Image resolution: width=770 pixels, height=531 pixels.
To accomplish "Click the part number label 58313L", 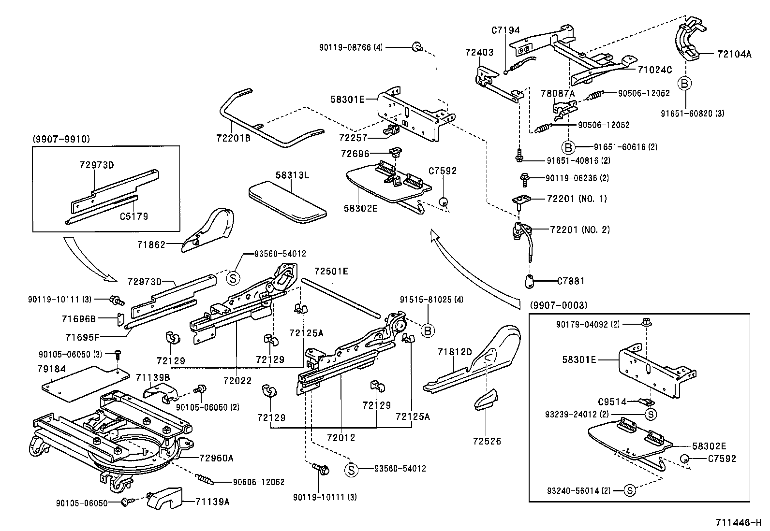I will pyautogui.click(x=293, y=175).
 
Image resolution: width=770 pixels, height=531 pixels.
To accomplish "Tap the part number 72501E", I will pyautogui.click(x=331, y=271).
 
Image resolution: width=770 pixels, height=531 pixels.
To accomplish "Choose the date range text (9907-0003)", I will pyautogui.click(x=558, y=305).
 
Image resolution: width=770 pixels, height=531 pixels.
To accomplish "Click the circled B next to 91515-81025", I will pyautogui.click(x=428, y=330).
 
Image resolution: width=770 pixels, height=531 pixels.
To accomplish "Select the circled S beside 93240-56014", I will pyautogui.click(x=630, y=490).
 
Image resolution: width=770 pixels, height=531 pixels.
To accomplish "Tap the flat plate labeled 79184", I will pyautogui.click(x=85, y=382).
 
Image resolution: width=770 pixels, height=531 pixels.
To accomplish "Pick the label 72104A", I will pyautogui.click(x=734, y=54).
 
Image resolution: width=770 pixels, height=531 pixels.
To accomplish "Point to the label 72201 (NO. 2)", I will pyautogui.click(x=579, y=230).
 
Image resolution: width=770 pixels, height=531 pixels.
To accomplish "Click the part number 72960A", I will pyautogui.click(x=216, y=458).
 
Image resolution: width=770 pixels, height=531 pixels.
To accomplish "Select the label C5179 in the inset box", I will pyautogui.click(x=134, y=216).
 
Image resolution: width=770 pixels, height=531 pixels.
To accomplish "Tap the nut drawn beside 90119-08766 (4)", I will pyautogui.click(x=416, y=47).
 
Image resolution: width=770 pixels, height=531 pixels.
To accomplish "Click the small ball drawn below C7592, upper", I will pyautogui.click(x=443, y=201).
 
